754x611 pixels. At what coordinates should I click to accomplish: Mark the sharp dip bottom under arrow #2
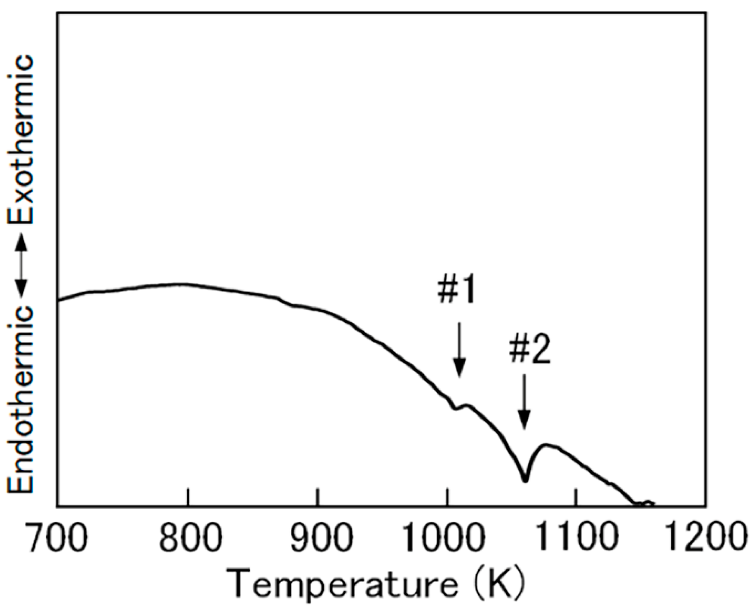525,480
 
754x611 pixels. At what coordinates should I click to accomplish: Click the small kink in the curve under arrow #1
454,407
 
